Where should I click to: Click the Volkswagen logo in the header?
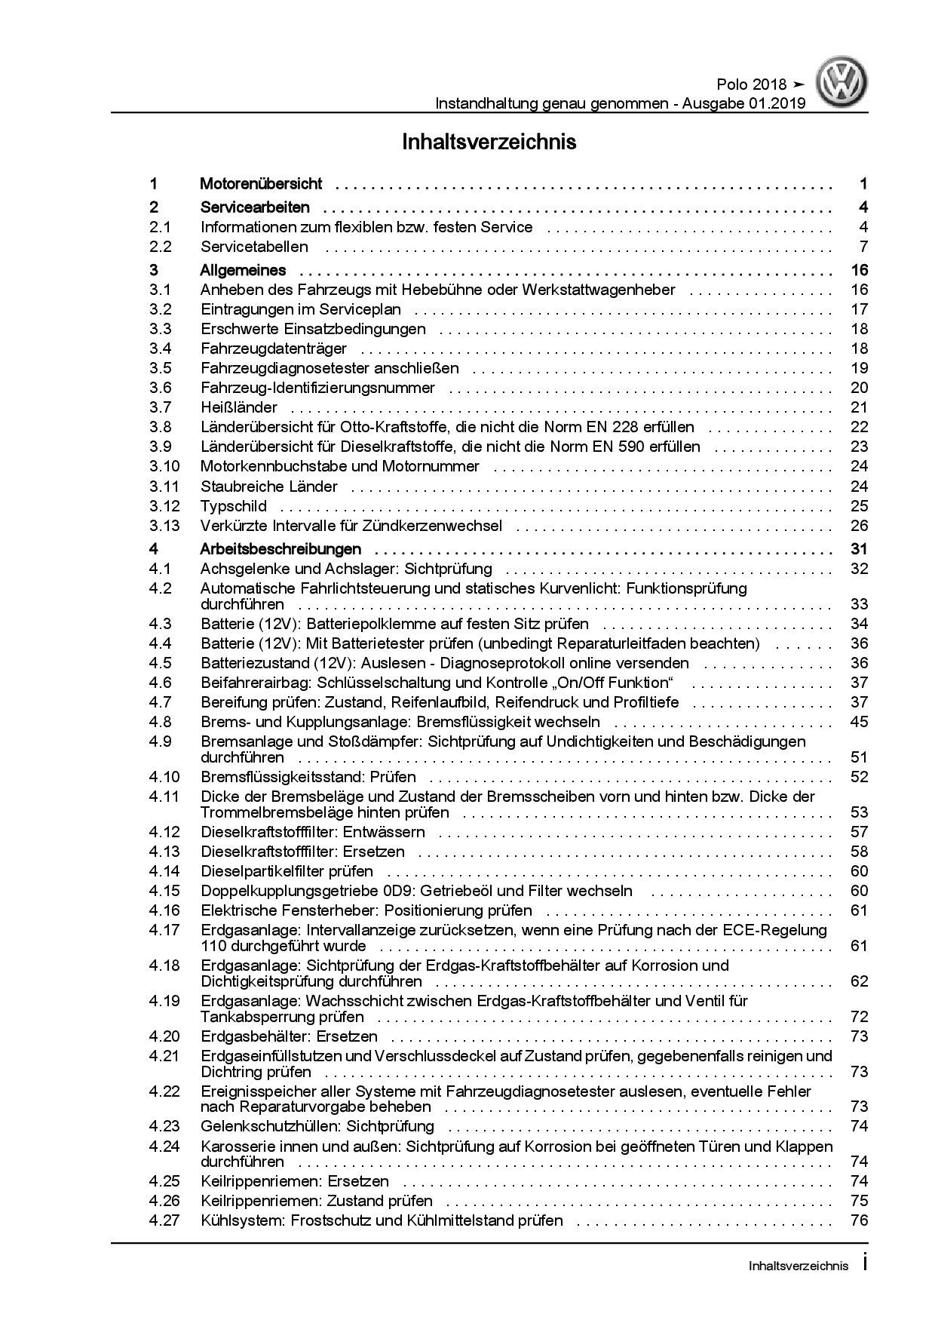pos(844,84)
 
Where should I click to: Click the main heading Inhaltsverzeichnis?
pos(489,142)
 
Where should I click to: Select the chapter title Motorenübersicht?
pos(261,183)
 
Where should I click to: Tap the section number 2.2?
pos(160,247)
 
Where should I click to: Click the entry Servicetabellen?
pos(254,247)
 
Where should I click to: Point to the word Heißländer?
pos(238,407)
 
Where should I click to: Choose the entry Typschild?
pos(234,506)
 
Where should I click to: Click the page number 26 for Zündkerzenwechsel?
pos(859,526)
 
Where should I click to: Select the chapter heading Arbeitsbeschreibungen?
pos(280,549)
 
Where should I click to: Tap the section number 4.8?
pos(160,722)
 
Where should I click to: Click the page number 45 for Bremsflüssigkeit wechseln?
pos(859,722)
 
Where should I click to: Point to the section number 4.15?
pos(164,891)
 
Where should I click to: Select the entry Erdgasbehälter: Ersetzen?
pos(289,1036)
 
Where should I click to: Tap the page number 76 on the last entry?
pos(859,1220)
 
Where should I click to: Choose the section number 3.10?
pos(164,466)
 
